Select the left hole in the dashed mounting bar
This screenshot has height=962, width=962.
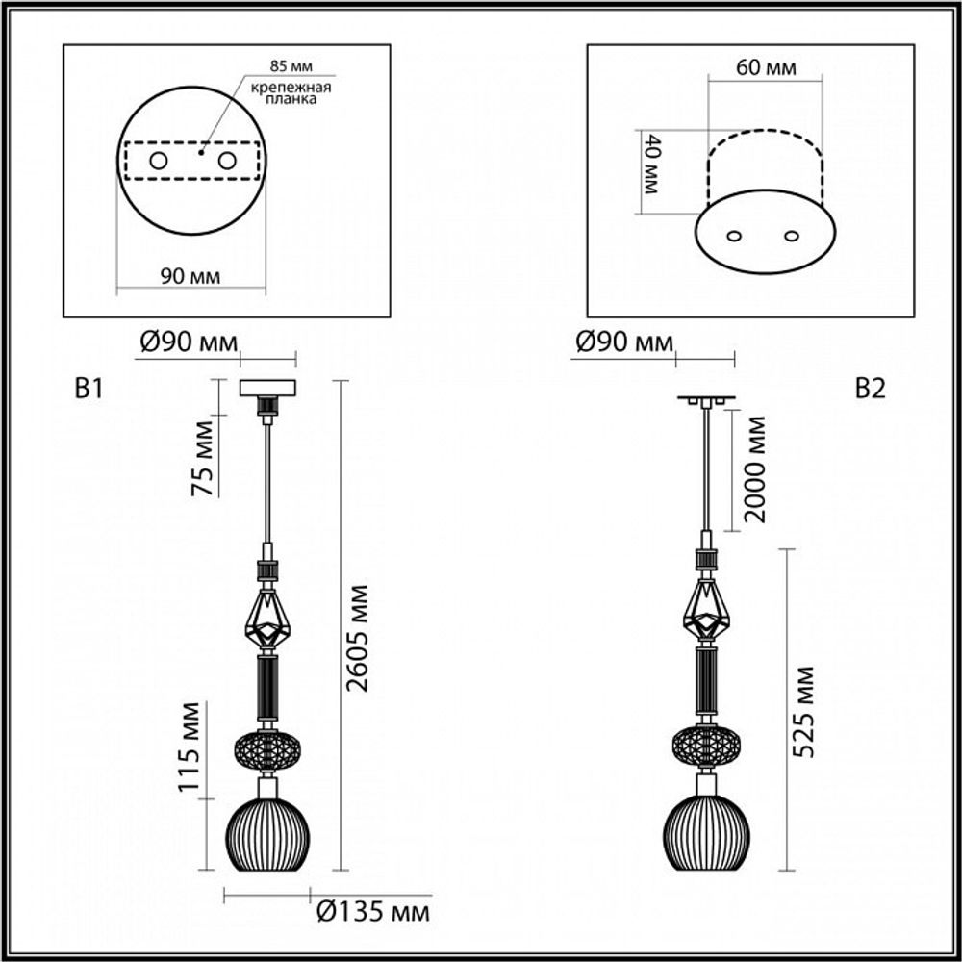pyautogui.click(x=158, y=161)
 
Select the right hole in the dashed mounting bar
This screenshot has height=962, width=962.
pyautogui.click(x=227, y=161)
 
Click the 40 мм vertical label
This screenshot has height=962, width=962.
pyautogui.click(x=650, y=165)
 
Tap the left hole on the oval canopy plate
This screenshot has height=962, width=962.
pyautogui.click(x=734, y=236)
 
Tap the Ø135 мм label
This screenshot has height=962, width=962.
pyautogui.click(x=371, y=910)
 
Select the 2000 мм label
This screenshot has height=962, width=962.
pyautogui.click(x=755, y=469)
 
